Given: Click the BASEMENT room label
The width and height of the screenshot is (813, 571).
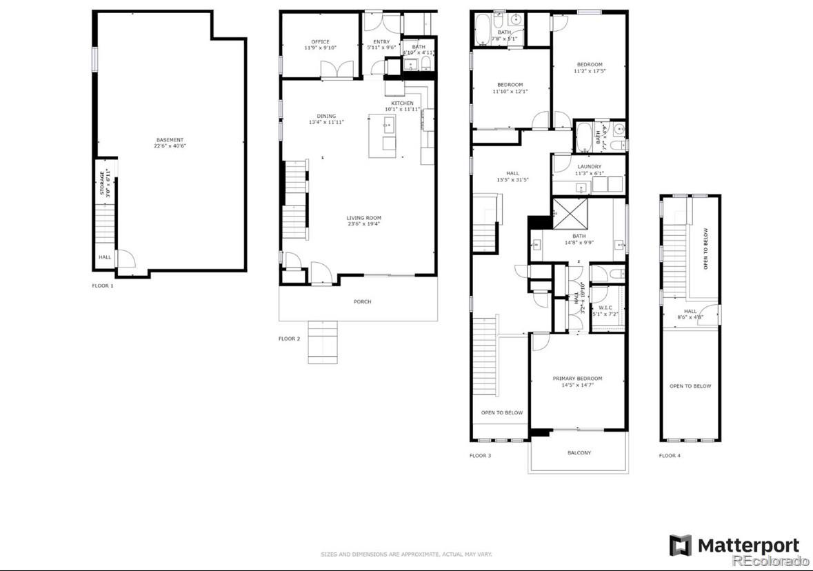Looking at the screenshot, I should click(x=169, y=140).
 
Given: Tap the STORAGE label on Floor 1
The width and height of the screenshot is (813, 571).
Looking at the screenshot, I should click(x=102, y=183).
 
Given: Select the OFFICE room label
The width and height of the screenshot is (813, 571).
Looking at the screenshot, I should click(x=320, y=42).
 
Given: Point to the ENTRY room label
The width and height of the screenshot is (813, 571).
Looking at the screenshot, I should click(x=381, y=42).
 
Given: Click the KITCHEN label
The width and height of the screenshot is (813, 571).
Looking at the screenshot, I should click(x=402, y=103).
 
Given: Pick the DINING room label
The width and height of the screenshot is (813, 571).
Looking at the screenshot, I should click(x=326, y=116).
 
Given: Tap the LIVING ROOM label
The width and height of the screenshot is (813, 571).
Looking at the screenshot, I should click(x=363, y=218).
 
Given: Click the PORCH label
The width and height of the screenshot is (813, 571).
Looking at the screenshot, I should click(x=362, y=301).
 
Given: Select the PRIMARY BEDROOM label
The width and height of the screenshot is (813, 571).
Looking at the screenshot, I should click(x=577, y=379).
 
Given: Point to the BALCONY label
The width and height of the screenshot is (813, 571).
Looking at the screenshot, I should click(x=579, y=453).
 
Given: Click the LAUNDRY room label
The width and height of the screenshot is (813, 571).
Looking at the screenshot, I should click(x=589, y=167).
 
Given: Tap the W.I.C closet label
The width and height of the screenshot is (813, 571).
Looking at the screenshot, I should click(x=605, y=308).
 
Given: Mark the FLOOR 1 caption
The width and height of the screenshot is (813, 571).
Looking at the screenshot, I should click(x=103, y=285).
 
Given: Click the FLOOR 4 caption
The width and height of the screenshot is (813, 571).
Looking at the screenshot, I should click(x=669, y=456).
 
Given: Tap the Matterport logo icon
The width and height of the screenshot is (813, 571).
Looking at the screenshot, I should click(x=681, y=545).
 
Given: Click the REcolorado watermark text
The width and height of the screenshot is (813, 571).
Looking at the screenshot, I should click(x=770, y=561).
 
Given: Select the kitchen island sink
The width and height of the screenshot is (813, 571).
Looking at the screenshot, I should click(x=388, y=126).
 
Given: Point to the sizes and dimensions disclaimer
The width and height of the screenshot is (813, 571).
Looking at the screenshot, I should click(x=406, y=554).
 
